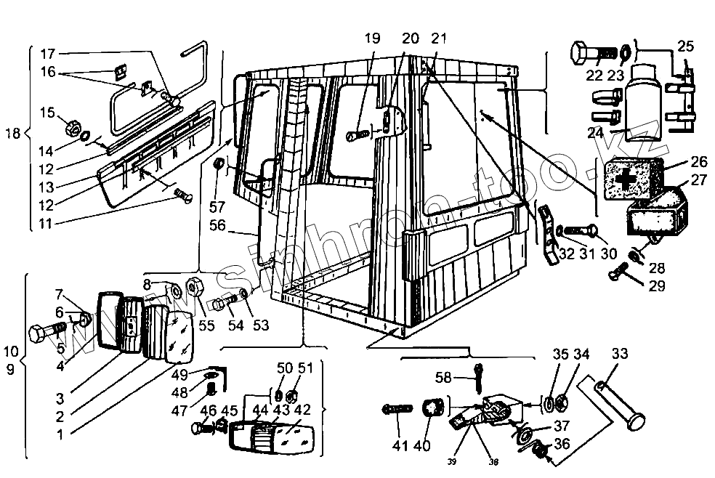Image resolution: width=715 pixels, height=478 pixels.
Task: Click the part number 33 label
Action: (619, 355)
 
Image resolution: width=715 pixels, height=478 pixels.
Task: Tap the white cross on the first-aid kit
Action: (626, 177)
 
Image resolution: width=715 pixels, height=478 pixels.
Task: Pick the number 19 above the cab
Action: (372, 39)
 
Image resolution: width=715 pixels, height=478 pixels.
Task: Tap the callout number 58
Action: (443, 377)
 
